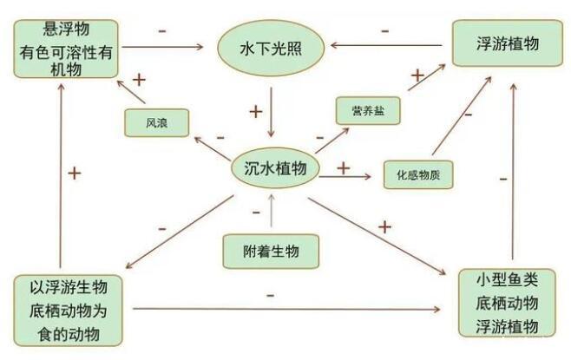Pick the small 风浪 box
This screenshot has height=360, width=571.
(157, 122)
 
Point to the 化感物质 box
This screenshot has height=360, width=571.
(417, 174)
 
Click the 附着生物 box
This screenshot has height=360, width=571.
(272, 251)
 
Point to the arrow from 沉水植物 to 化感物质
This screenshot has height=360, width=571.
(350, 176)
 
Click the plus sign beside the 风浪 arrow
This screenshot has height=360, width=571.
(139, 81)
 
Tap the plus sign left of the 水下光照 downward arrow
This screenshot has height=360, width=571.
(255, 111)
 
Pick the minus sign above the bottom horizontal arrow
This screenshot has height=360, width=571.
(270, 295)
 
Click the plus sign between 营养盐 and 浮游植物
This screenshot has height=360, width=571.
(417, 76)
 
